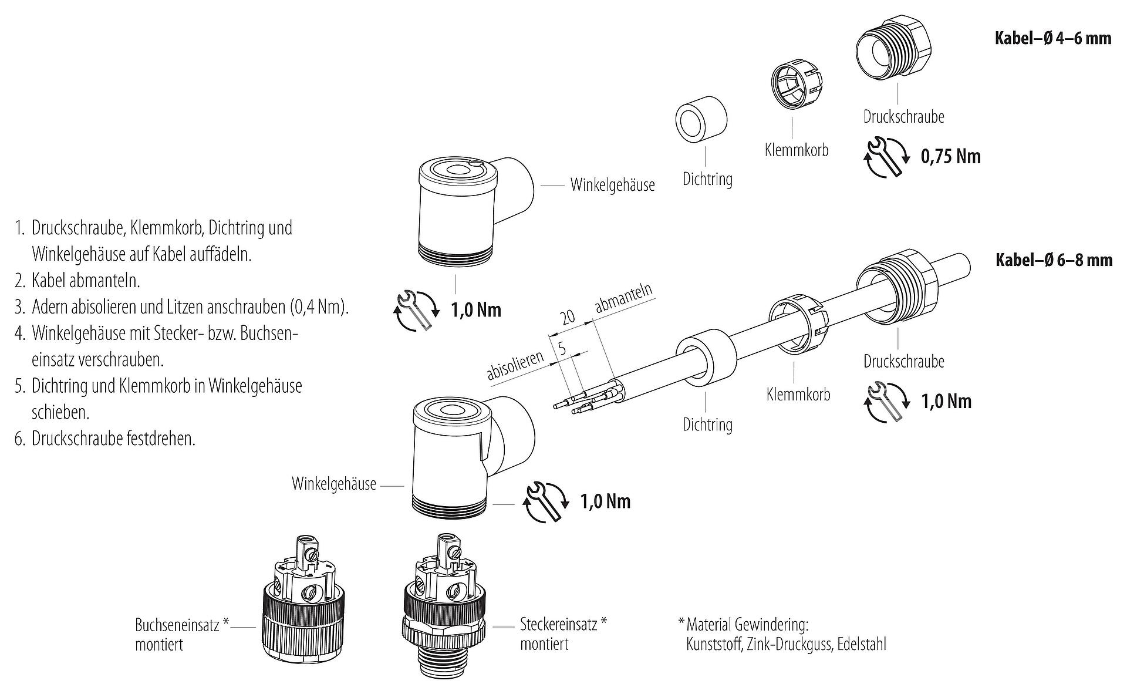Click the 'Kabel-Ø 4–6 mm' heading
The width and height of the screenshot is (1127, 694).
point(1053,38)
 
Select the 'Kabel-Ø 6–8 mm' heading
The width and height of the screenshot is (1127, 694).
point(1054,260)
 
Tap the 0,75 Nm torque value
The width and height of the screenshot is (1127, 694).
point(951,156)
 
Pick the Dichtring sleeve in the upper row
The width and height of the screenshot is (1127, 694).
point(701,120)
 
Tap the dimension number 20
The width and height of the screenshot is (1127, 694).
point(568,318)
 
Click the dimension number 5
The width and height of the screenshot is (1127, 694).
point(562,348)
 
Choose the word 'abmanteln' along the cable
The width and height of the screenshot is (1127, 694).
point(623,299)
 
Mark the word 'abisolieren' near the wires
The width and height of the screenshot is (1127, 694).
point(516,366)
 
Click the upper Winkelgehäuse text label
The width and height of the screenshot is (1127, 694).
point(612,186)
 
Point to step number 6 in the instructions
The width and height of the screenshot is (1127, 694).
point(20,439)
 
